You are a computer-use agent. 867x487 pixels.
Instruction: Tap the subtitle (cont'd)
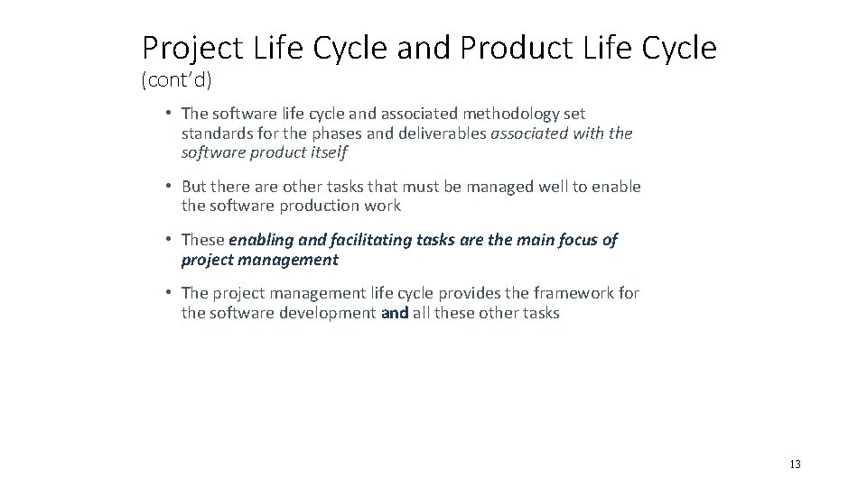(x=176, y=81)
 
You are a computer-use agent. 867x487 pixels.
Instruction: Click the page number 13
(x=795, y=464)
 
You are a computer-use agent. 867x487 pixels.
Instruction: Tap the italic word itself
(x=326, y=153)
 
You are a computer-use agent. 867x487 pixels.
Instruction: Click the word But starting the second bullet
(x=194, y=187)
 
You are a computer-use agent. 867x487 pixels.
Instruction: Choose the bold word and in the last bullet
(x=395, y=313)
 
